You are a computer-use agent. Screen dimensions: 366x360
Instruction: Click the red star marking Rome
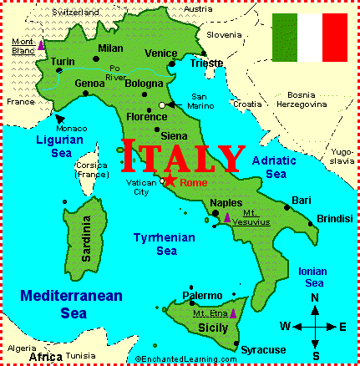pos(170,180)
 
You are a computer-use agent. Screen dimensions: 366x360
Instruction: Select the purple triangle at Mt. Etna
pos(233,313)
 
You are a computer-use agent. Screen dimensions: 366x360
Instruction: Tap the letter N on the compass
pos(315,298)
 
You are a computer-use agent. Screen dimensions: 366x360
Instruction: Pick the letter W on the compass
pos(285,326)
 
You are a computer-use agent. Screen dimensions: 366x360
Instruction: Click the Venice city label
pos(160,53)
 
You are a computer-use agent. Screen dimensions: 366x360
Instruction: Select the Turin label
pos(63,61)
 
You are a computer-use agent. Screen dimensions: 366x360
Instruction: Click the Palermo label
pos(203,295)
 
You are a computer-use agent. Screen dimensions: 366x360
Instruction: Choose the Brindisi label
pos(334,219)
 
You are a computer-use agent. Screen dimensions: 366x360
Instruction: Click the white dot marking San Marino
pos(162,105)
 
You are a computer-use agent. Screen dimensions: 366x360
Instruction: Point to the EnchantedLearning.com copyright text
pos(185,358)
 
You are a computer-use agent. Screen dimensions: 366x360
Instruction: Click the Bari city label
pos(301,201)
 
